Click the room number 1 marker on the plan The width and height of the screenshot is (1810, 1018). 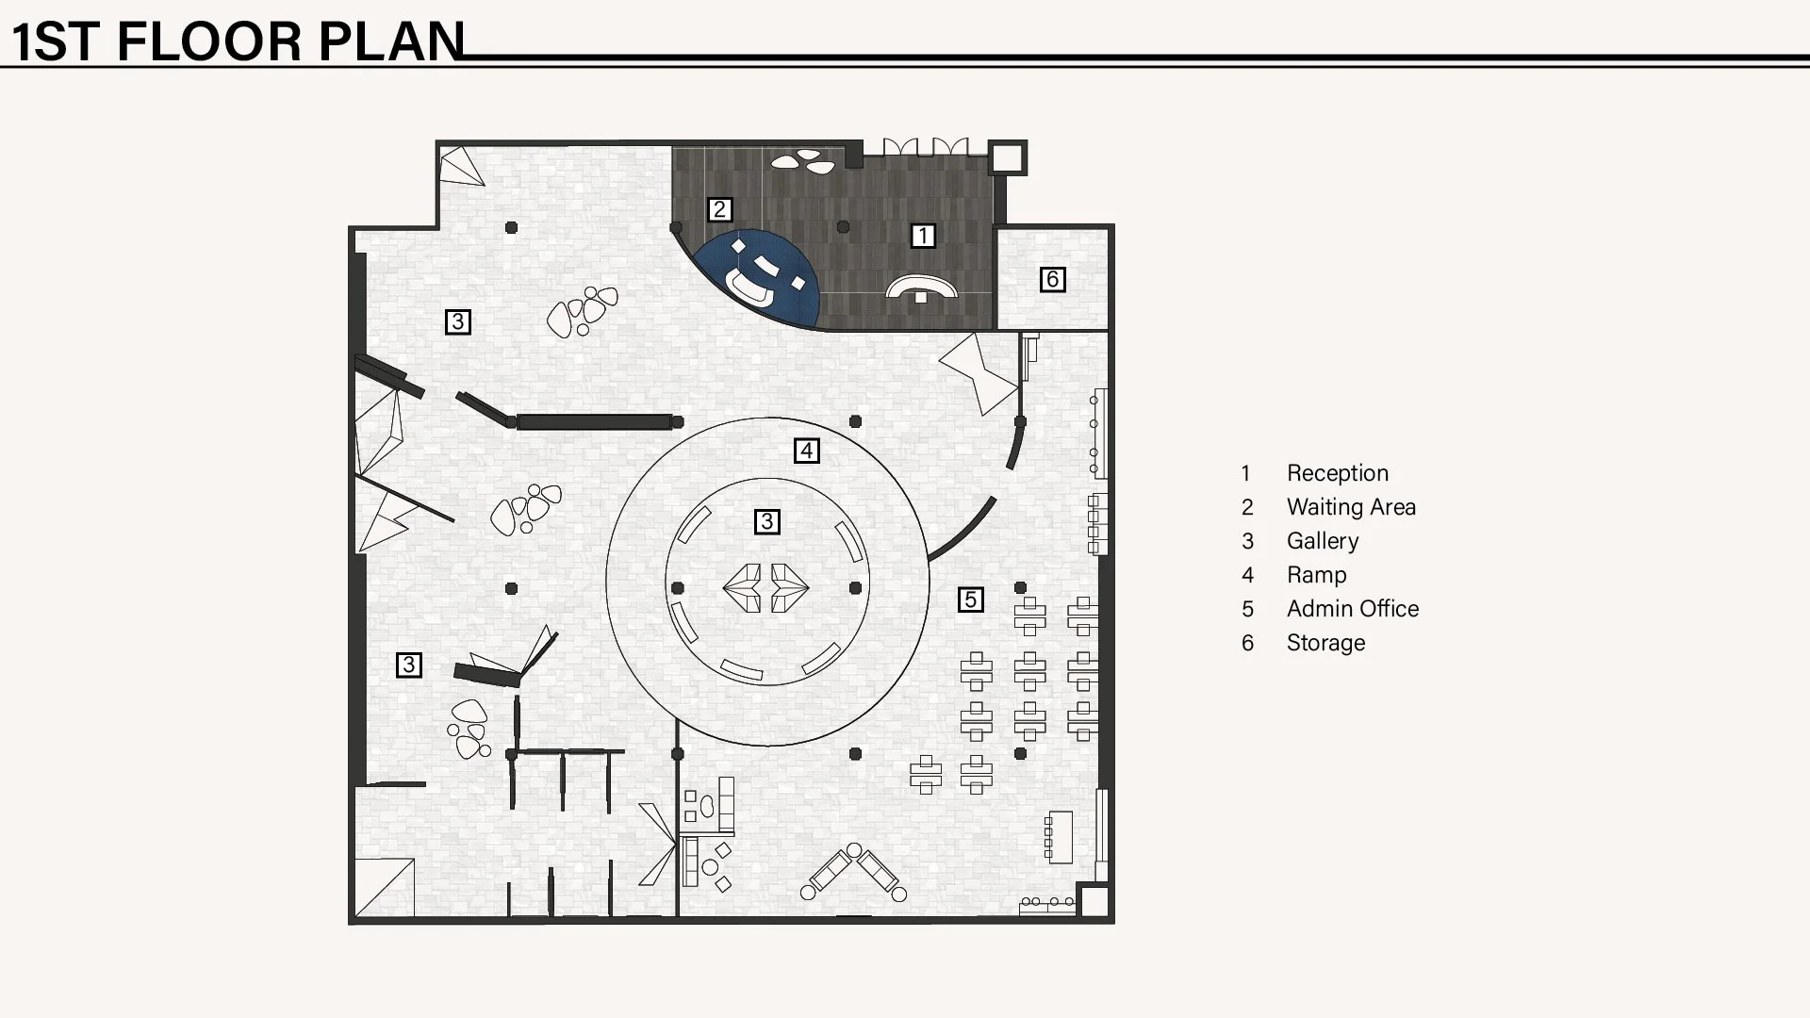923,235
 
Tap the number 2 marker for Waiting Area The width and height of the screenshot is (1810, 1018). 719,209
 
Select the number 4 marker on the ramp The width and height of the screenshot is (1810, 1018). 806,451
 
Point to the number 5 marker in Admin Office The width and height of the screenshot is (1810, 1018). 970,599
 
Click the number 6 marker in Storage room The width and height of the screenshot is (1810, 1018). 1052,279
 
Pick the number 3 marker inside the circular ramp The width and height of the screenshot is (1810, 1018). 766,521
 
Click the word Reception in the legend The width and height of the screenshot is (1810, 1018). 1337,473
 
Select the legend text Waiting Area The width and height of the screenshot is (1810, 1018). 1351,507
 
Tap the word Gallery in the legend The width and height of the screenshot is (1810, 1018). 1323,541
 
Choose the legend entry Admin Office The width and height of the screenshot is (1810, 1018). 1352,609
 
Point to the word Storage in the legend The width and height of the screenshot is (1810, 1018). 1325,643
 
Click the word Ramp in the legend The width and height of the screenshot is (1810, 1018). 1316,575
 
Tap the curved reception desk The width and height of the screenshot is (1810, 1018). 921,285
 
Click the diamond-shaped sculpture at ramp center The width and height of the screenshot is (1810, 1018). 765,588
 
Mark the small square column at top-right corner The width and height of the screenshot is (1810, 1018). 1007,157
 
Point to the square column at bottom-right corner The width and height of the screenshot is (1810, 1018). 1094,902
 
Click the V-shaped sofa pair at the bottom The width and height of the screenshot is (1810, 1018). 854,873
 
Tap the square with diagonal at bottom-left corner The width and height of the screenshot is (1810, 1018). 385,887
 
